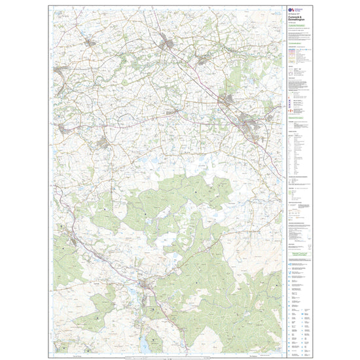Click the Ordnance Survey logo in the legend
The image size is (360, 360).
pyautogui.click(x=293, y=10)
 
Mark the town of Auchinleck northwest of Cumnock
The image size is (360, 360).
pyautogui.click(x=226, y=100)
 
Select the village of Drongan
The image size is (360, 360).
pyautogui.click(x=105, y=143)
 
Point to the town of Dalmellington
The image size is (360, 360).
pyautogui.click(x=146, y=286)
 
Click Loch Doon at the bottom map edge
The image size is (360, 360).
pyautogui.click(x=144, y=342)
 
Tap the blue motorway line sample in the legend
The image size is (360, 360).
pyautogui.click(x=292, y=50)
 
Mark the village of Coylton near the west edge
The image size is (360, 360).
pyautogui.click(x=62, y=128)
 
